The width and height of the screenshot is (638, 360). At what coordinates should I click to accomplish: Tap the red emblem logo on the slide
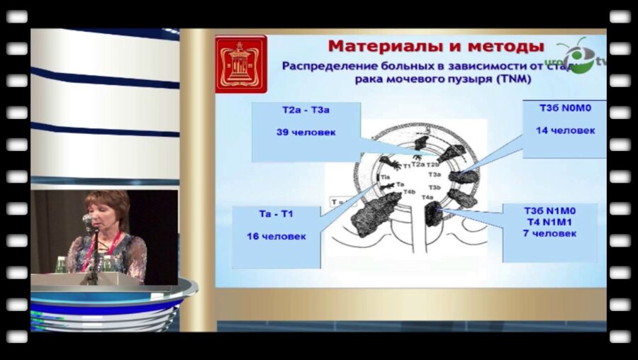point(241,64)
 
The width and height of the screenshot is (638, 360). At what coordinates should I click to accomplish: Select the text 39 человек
point(306,132)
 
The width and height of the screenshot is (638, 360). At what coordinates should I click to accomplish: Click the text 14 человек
point(564,130)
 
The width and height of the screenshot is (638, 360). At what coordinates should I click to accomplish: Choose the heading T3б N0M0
point(564,111)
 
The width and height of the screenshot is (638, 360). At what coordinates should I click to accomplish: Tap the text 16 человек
point(276,236)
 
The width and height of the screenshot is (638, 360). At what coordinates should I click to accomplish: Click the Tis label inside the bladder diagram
point(386,177)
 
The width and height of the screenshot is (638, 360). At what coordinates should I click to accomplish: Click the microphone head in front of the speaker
point(87,220)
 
